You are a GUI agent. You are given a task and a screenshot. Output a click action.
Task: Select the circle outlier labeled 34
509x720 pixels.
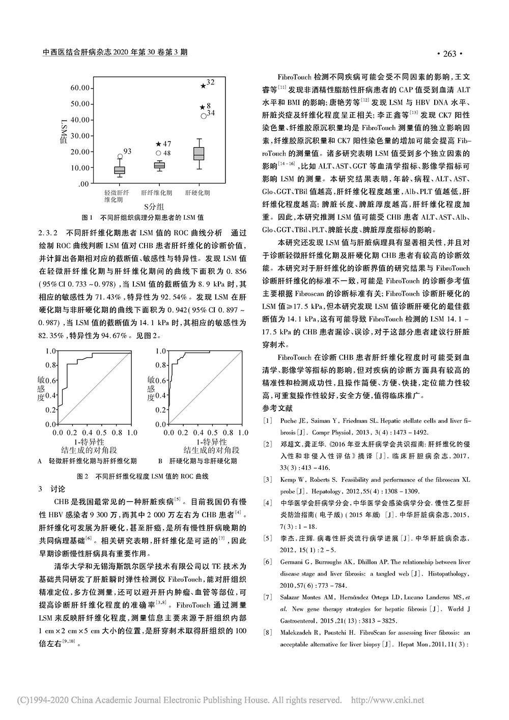(203, 116)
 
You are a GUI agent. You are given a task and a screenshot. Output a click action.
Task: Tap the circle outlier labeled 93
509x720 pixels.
(120, 156)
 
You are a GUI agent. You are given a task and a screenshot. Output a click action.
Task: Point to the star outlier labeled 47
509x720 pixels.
(158, 144)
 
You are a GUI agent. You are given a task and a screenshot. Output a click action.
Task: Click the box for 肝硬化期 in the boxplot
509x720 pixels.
(199, 153)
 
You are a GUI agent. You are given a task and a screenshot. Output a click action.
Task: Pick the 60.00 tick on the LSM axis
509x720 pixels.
(80, 88)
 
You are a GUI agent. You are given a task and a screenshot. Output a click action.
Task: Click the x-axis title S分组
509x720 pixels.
(153, 206)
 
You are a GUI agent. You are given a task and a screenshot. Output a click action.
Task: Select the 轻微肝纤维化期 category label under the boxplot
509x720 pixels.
(117, 196)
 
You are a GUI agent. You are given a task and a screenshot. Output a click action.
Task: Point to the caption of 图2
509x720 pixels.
(143, 476)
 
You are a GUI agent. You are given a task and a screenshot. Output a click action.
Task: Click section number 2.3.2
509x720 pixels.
(49, 233)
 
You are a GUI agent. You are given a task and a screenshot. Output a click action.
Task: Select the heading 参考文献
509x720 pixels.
(278, 409)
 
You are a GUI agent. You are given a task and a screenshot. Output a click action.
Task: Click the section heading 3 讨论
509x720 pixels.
(52, 489)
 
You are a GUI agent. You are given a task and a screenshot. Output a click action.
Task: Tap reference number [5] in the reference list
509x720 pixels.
(267, 538)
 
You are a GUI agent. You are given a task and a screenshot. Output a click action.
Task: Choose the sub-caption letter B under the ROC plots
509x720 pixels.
(160, 461)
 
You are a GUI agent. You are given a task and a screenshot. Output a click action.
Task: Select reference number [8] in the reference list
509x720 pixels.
(267, 633)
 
